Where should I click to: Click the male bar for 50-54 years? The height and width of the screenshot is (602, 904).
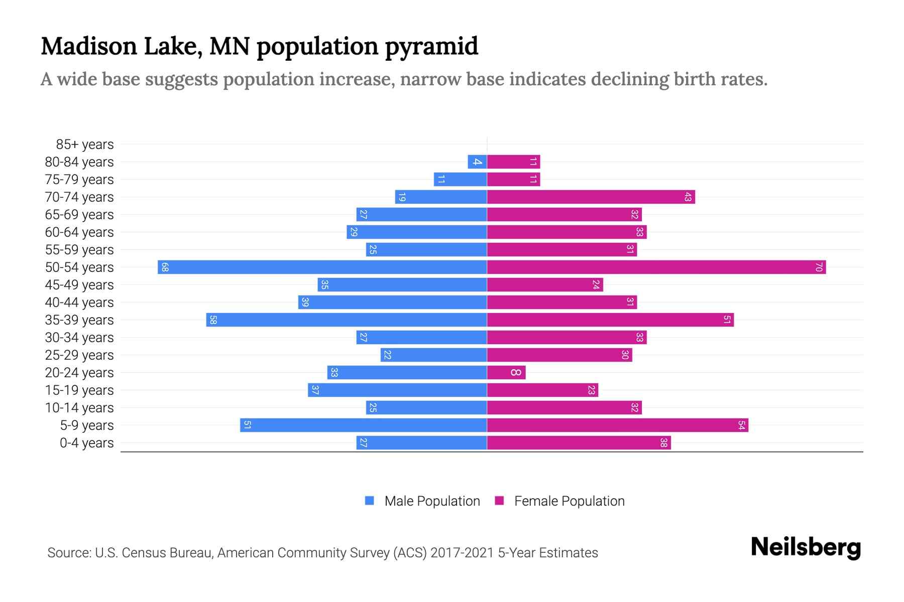[x=322, y=267]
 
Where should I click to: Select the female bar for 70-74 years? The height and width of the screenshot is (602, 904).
[x=591, y=197]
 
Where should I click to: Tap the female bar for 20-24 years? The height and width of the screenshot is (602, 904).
[x=506, y=372]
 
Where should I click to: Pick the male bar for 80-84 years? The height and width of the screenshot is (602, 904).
[x=477, y=162]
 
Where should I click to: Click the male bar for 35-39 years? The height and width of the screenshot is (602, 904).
[x=347, y=320]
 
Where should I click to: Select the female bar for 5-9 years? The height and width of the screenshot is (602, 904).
[x=617, y=425]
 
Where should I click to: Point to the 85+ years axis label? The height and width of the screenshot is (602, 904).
[x=84, y=144]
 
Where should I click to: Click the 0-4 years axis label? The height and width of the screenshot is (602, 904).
[x=86, y=443]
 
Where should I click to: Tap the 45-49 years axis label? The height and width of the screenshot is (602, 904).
[x=79, y=285]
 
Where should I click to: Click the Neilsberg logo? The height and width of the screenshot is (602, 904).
[x=806, y=547]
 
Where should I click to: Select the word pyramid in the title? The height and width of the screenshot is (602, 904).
[x=431, y=47]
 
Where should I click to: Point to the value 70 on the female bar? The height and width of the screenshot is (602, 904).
[x=819, y=267]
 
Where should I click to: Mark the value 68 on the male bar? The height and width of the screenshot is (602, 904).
[x=165, y=267]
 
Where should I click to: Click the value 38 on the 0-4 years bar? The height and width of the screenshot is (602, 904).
[x=663, y=443]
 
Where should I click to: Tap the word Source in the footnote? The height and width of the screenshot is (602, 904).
[x=69, y=553]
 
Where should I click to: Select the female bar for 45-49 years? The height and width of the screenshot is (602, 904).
[x=545, y=284]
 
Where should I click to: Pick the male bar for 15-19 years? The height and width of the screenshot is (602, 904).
[x=397, y=390]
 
